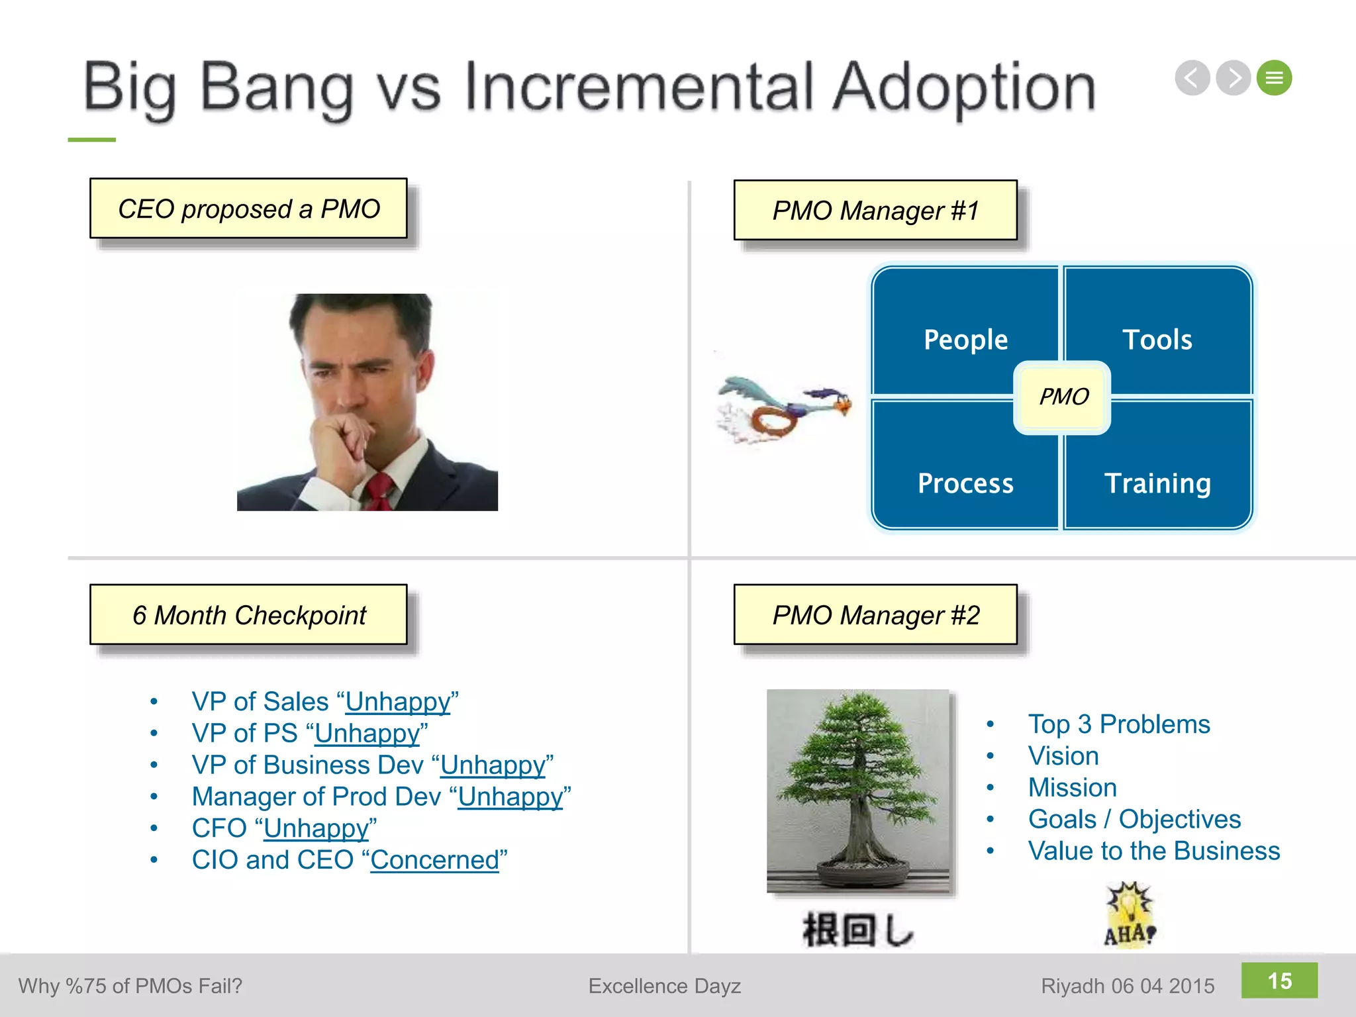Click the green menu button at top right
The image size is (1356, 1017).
pyautogui.click(x=1274, y=78)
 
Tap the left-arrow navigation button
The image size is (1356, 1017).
pyautogui.click(x=1192, y=78)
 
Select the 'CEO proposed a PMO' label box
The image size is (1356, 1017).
pyautogui.click(x=248, y=209)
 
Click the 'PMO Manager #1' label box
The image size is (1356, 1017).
pyautogui.click(x=875, y=211)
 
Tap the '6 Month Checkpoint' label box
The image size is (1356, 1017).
pyautogui.click(x=248, y=614)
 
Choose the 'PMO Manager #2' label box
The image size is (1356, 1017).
pyautogui.click(x=875, y=614)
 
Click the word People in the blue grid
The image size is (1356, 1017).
pyautogui.click(x=965, y=340)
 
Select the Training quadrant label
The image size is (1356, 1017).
pyautogui.click(x=1157, y=483)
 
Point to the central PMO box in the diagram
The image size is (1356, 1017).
pyautogui.click(x=1063, y=397)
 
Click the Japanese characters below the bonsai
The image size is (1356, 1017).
pyautogui.click(x=857, y=929)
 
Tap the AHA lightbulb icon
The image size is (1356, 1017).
pyautogui.click(x=1130, y=914)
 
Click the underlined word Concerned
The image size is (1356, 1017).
pyautogui.click(x=434, y=860)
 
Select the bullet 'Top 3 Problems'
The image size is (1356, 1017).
pyautogui.click(x=1118, y=724)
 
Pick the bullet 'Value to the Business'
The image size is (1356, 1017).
pyautogui.click(x=1153, y=851)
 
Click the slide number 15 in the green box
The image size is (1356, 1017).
pyautogui.click(x=1279, y=981)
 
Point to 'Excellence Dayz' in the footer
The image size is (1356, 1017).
pyautogui.click(x=664, y=986)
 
